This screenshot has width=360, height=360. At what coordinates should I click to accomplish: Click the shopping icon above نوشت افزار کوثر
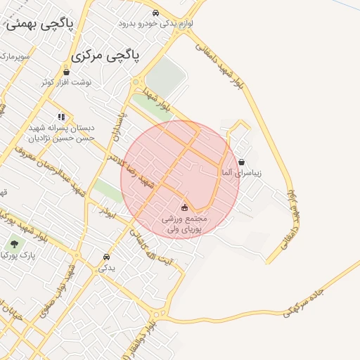point(66,72)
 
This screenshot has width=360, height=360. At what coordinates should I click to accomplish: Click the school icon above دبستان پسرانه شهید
point(61,117)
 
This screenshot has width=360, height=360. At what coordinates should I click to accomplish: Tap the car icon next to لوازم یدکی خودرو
point(155,13)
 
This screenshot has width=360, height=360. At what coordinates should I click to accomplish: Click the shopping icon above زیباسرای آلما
point(241,162)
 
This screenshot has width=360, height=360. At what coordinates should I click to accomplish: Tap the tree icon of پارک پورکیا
point(14,245)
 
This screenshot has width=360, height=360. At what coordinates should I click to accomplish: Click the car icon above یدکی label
point(106,257)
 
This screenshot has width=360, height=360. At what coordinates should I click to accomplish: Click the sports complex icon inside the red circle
point(185,207)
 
